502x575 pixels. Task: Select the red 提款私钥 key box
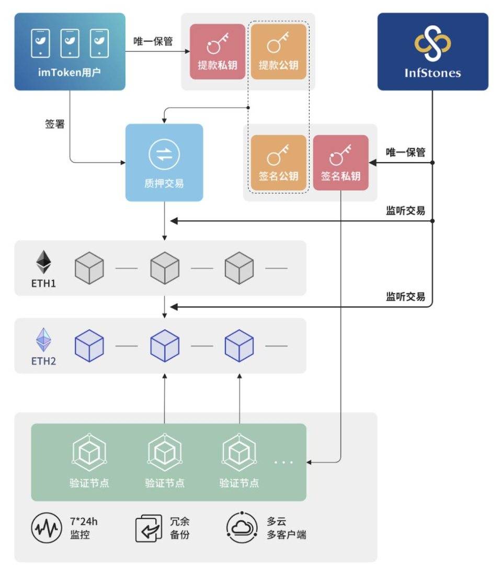(217, 52)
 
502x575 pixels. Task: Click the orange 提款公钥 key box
(278, 52)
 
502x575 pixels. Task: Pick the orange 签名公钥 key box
(278, 163)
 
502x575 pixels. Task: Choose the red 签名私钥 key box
(340, 163)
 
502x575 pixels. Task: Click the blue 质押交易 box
(164, 163)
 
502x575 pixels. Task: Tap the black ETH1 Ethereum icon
(43, 262)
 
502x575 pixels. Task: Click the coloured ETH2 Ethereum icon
(43, 340)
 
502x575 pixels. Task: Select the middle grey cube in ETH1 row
(165, 269)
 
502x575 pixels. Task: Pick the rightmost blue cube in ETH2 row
(239, 346)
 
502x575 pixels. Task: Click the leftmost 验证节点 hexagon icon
(89, 452)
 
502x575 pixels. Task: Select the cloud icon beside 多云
(242, 527)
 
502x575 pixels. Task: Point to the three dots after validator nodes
(283, 462)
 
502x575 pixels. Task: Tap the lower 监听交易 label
(405, 296)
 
